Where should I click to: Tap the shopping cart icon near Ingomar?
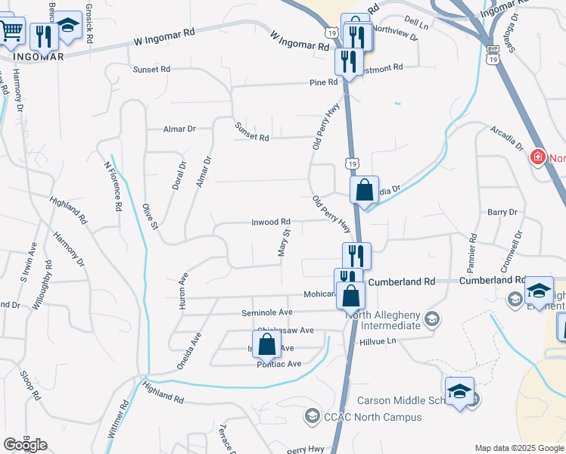pos(11,32)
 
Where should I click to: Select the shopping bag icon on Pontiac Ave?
pos(267,345)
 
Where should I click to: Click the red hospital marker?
pos(537,157)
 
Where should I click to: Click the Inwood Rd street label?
pos(271,222)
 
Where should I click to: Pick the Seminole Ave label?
pos(266,313)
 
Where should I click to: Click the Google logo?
pos(25,445)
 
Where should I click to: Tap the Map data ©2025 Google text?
pos(518,448)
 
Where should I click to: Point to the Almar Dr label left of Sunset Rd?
pos(179,129)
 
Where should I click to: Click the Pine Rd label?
pos(322,82)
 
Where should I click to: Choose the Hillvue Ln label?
pos(377,341)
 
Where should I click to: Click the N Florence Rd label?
pos(113,186)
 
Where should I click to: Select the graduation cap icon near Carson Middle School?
pos(459,390)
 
